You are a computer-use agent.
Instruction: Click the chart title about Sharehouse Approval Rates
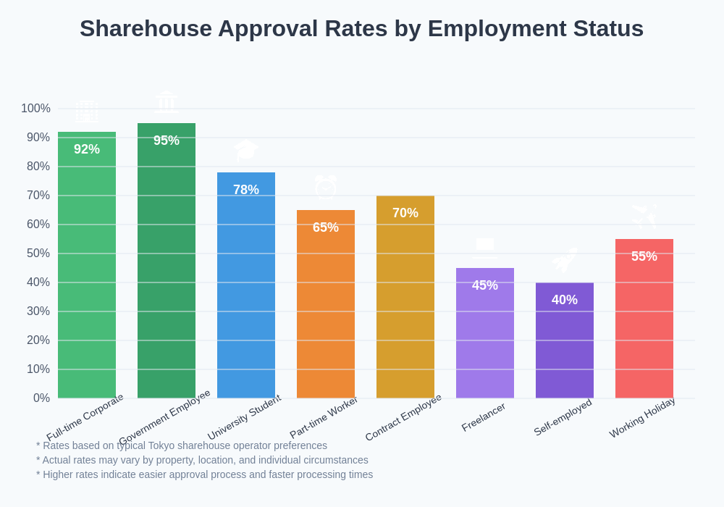pyautogui.click(x=361, y=28)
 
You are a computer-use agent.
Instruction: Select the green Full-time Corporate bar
pyautogui.click(x=87, y=275)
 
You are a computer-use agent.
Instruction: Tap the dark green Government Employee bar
pyautogui.click(x=167, y=268)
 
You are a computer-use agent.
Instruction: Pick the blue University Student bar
pyautogui.click(x=246, y=290)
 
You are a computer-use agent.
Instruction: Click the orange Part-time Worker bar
pyautogui.click(x=326, y=311)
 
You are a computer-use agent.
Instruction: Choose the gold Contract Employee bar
pyautogui.click(x=405, y=304)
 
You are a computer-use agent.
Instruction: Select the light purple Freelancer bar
pyautogui.click(x=485, y=340)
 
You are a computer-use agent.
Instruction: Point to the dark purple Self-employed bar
pyautogui.click(x=565, y=348)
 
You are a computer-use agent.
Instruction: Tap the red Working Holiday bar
pyautogui.click(x=644, y=326)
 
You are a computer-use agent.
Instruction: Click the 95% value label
pyautogui.click(x=167, y=141)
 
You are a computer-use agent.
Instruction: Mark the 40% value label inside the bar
pyautogui.click(x=565, y=300)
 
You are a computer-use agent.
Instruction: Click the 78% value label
pyautogui.click(x=246, y=190)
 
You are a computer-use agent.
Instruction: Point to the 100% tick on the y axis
pyautogui.click(x=35, y=109)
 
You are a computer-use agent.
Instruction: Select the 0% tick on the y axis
pyautogui.click(x=41, y=398)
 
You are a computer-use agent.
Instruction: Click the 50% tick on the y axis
pyautogui.click(x=38, y=253)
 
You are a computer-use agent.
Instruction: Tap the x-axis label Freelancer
pyautogui.click(x=483, y=418)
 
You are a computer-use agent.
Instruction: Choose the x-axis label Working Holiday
pyautogui.click(x=642, y=418)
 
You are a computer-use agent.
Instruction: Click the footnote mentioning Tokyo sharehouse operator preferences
pyautogui.click(x=182, y=445)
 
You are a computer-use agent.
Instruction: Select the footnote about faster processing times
pyautogui.click(x=205, y=474)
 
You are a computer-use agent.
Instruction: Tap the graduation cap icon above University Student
pyautogui.click(x=246, y=150)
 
